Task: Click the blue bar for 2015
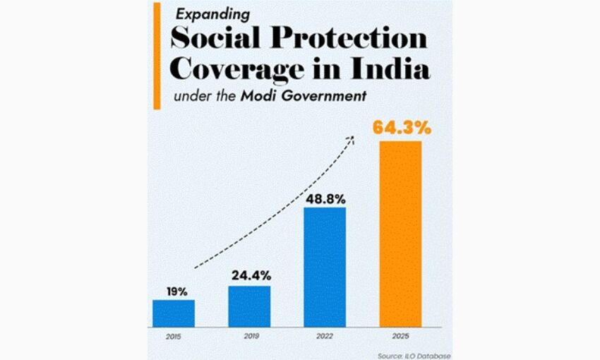(174, 313)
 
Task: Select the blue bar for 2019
(249, 306)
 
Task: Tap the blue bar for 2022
(325, 268)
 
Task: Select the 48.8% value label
(325, 197)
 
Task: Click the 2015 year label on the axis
(172, 337)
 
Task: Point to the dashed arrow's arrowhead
(352, 139)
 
